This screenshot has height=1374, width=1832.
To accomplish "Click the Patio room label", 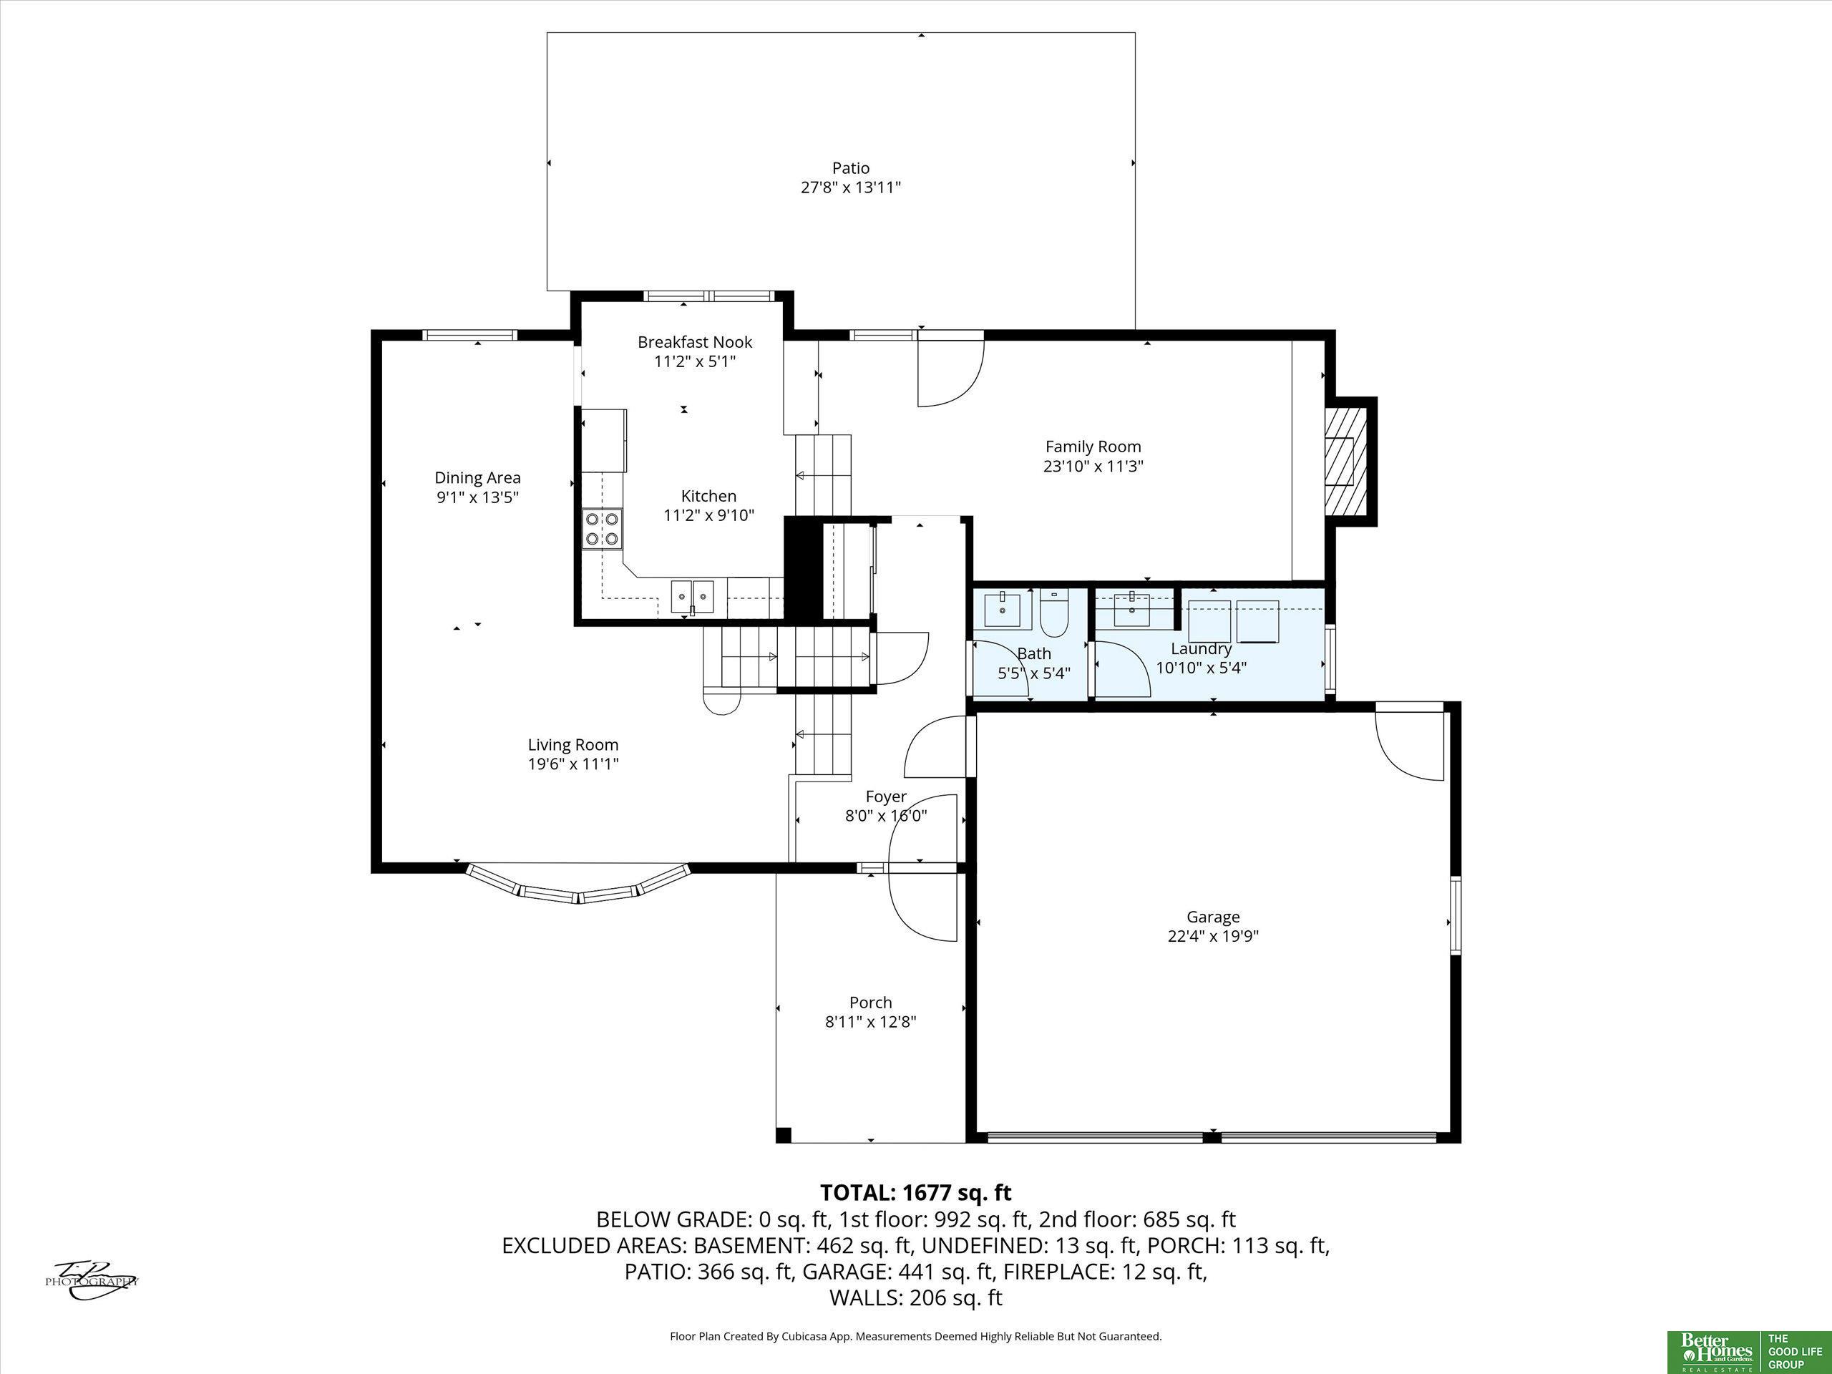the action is [851, 168].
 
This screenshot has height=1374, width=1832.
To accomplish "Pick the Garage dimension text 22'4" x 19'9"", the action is [1213, 936].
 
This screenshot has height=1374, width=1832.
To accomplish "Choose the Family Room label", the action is [1093, 447].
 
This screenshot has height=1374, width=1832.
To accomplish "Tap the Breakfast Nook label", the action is [695, 341].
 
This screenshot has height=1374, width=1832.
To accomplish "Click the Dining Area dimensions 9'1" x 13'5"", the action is [478, 497].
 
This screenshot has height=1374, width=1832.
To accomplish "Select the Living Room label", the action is [573, 744].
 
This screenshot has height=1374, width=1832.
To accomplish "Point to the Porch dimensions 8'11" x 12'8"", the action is [870, 1021].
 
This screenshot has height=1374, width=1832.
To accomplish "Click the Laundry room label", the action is [1201, 648].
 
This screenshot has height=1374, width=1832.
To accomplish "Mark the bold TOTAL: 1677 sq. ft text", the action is [916, 1193].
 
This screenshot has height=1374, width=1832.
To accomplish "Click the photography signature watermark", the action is [91, 1280].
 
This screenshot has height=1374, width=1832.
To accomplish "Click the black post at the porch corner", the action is [784, 1135].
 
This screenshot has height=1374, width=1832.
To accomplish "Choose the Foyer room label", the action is [885, 796].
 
